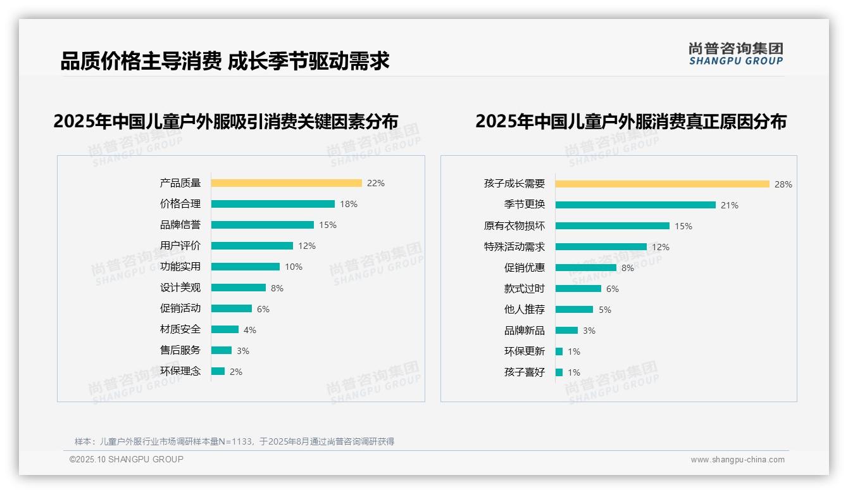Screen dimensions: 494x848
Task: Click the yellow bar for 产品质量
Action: (x=286, y=183)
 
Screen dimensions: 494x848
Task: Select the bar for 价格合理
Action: (x=273, y=204)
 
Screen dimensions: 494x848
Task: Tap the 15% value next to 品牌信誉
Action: (x=328, y=225)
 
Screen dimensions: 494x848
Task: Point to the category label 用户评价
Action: (x=180, y=246)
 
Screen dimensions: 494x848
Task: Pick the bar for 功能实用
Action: (x=246, y=267)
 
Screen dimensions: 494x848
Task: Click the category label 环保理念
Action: (x=180, y=371)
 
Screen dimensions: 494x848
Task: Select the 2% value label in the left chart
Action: (x=236, y=372)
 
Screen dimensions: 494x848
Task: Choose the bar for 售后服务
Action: (x=221, y=350)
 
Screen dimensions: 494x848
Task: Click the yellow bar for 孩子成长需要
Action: (x=662, y=184)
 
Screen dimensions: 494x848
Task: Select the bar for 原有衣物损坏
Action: (x=613, y=226)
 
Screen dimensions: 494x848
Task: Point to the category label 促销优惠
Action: (x=525, y=268)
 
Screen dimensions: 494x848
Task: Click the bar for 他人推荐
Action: (x=575, y=310)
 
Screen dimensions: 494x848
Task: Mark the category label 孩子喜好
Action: (x=525, y=372)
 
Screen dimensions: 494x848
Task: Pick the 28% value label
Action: (x=783, y=185)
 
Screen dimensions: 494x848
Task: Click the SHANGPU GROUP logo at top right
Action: (x=736, y=54)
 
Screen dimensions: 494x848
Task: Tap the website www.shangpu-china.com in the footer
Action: (x=737, y=460)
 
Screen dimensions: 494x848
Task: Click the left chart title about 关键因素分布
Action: (x=226, y=121)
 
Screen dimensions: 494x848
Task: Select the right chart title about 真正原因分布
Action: (x=630, y=121)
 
